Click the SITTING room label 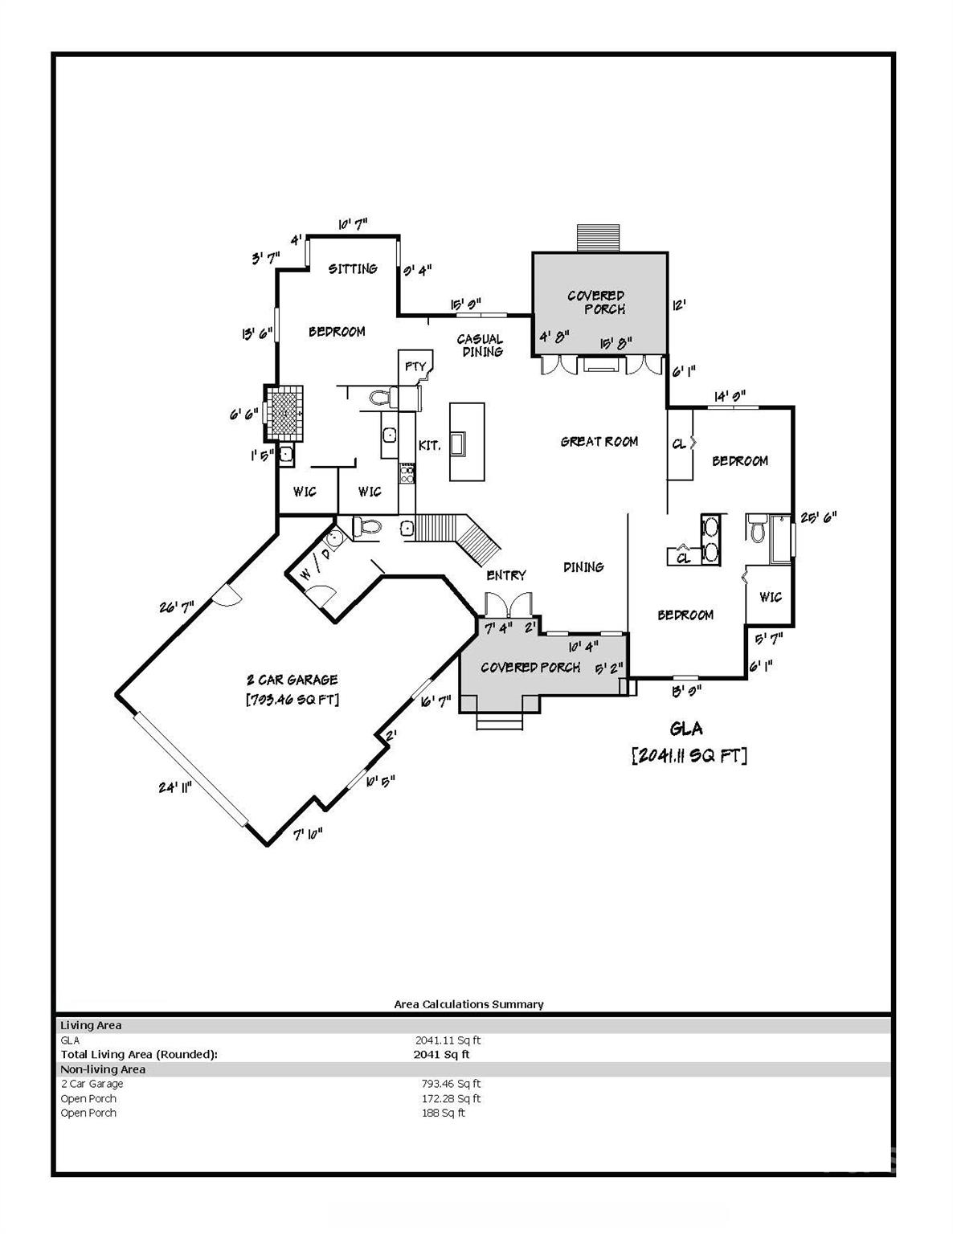coord(353,269)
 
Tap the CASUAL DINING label coord(481,345)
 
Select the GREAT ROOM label coord(599,441)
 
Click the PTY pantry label coord(415,367)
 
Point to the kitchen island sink coord(460,443)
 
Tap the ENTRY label coord(506,575)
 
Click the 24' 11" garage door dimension coord(174,787)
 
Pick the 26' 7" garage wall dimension coord(176,607)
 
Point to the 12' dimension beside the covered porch coord(678,306)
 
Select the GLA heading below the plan coord(686,729)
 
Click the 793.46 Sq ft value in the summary coord(448,1084)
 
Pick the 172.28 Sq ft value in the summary coord(448,1098)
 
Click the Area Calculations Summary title coord(468,1004)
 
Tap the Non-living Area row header coord(103,1069)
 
